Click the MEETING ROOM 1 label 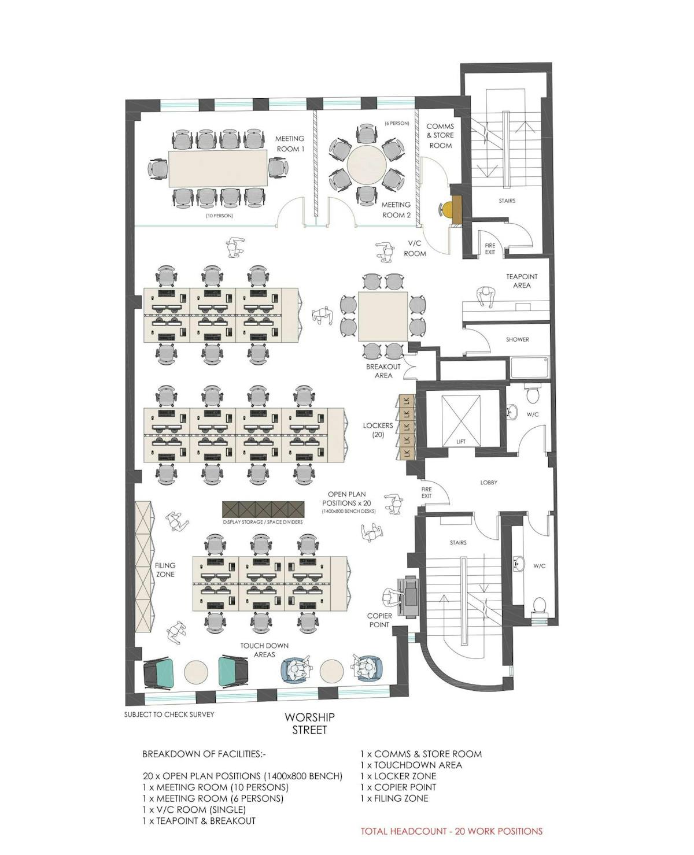tap(290, 144)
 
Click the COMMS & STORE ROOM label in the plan tap(441, 136)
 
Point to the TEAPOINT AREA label tap(522, 281)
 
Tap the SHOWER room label tap(517, 339)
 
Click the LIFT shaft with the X tap(461, 420)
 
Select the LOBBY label tap(489, 483)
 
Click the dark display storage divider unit tap(263, 509)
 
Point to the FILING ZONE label tap(165, 570)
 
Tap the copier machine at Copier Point tap(409, 596)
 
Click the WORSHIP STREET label tap(309, 723)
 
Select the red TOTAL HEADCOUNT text tap(452, 831)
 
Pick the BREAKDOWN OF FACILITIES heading tap(204, 754)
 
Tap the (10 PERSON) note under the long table tap(219, 216)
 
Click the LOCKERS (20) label tap(378, 430)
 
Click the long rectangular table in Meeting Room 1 tap(218, 168)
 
